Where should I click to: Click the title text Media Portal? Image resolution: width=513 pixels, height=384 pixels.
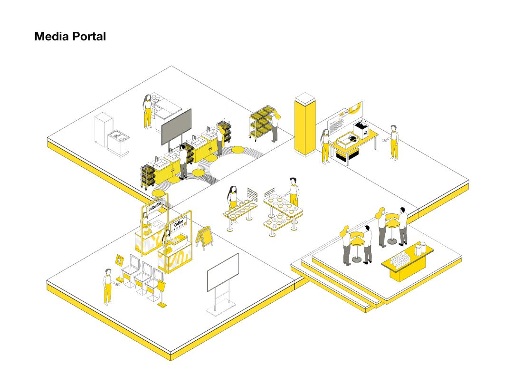[x=70, y=37]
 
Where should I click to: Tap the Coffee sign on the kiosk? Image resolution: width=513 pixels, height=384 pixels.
[x=179, y=223]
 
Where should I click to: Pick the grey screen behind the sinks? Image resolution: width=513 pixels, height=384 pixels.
[x=176, y=126]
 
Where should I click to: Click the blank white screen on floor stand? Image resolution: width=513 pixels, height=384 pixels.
[x=223, y=272]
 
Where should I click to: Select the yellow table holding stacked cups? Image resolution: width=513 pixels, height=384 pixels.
[x=407, y=265]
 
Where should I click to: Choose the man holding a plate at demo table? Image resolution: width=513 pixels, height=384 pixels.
[x=393, y=142]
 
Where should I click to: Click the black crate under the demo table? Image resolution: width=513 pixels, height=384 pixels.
[x=347, y=154]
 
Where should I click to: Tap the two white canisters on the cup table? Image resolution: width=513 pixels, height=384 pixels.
[x=420, y=249]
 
